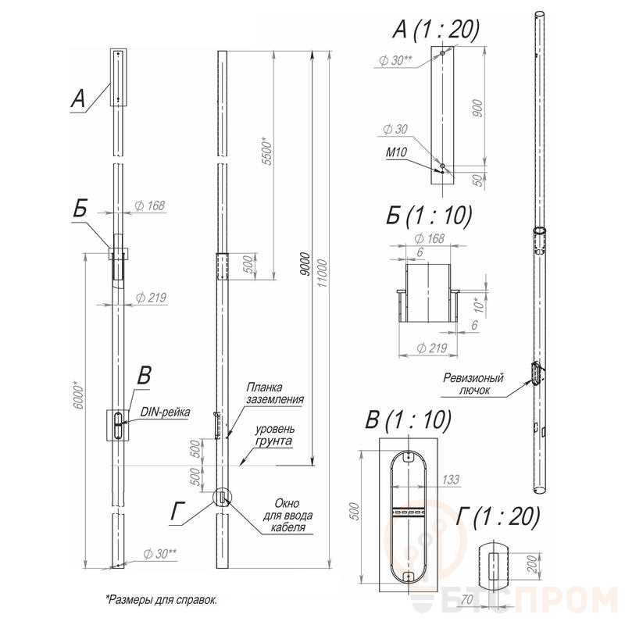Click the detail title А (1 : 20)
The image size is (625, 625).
point(436,29)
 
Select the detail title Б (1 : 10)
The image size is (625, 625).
point(428,216)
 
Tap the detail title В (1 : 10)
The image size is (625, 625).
point(408,420)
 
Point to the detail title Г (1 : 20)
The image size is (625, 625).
point(498,517)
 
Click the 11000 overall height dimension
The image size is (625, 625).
point(322,273)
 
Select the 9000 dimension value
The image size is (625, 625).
point(305,264)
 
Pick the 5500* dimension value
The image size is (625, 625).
point(267,151)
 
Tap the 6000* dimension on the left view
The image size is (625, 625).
point(79,395)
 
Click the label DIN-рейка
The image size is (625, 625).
point(165,412)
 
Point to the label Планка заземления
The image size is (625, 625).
point(275,393)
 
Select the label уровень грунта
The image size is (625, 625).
point(275,435)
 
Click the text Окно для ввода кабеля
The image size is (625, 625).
point(287,516)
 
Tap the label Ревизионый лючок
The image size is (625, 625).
point(473,384)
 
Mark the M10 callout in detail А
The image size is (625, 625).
point(396,152)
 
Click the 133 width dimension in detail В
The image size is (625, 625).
point(451,479)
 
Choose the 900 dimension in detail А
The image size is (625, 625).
point(477,108)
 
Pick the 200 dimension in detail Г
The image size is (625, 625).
point(533,563)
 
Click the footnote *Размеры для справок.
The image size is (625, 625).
point(162,599)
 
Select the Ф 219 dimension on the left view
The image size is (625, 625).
point(151,298)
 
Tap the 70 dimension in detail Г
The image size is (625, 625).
point(466,599)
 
